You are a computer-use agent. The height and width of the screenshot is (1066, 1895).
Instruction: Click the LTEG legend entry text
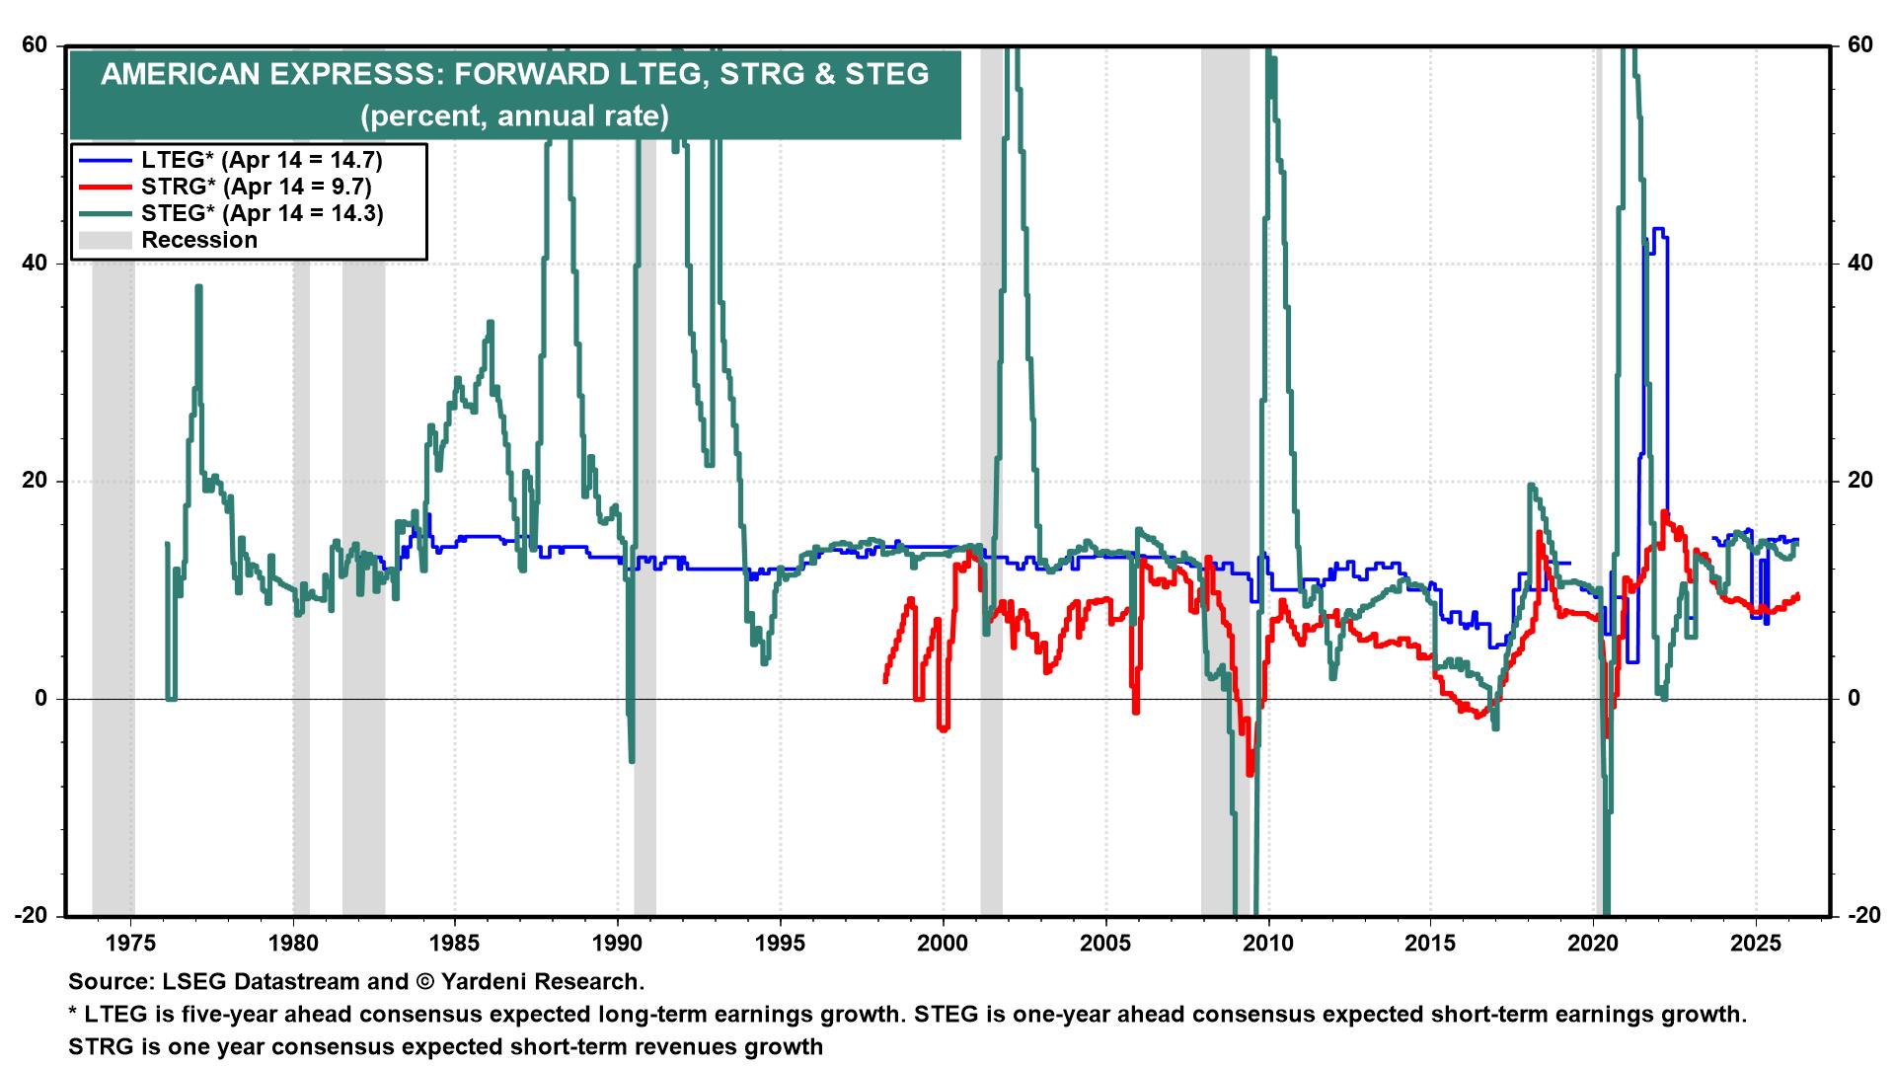(x=262, y=160)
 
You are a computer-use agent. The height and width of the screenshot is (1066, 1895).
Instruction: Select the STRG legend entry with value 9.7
(x=262, y=187)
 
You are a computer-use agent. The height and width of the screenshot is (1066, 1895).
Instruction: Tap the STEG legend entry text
(x=262, y=213)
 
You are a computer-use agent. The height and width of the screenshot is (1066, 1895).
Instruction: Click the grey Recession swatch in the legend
(x=105, y=240)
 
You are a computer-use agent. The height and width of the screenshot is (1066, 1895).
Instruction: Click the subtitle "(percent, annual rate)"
(x=514, y=116)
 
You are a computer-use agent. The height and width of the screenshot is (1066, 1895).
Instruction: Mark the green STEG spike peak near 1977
(x=198, y=287)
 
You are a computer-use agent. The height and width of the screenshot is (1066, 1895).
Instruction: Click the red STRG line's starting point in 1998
(x=885, y=680)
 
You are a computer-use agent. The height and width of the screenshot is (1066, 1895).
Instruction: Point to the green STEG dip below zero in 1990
(x=631, y=760)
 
